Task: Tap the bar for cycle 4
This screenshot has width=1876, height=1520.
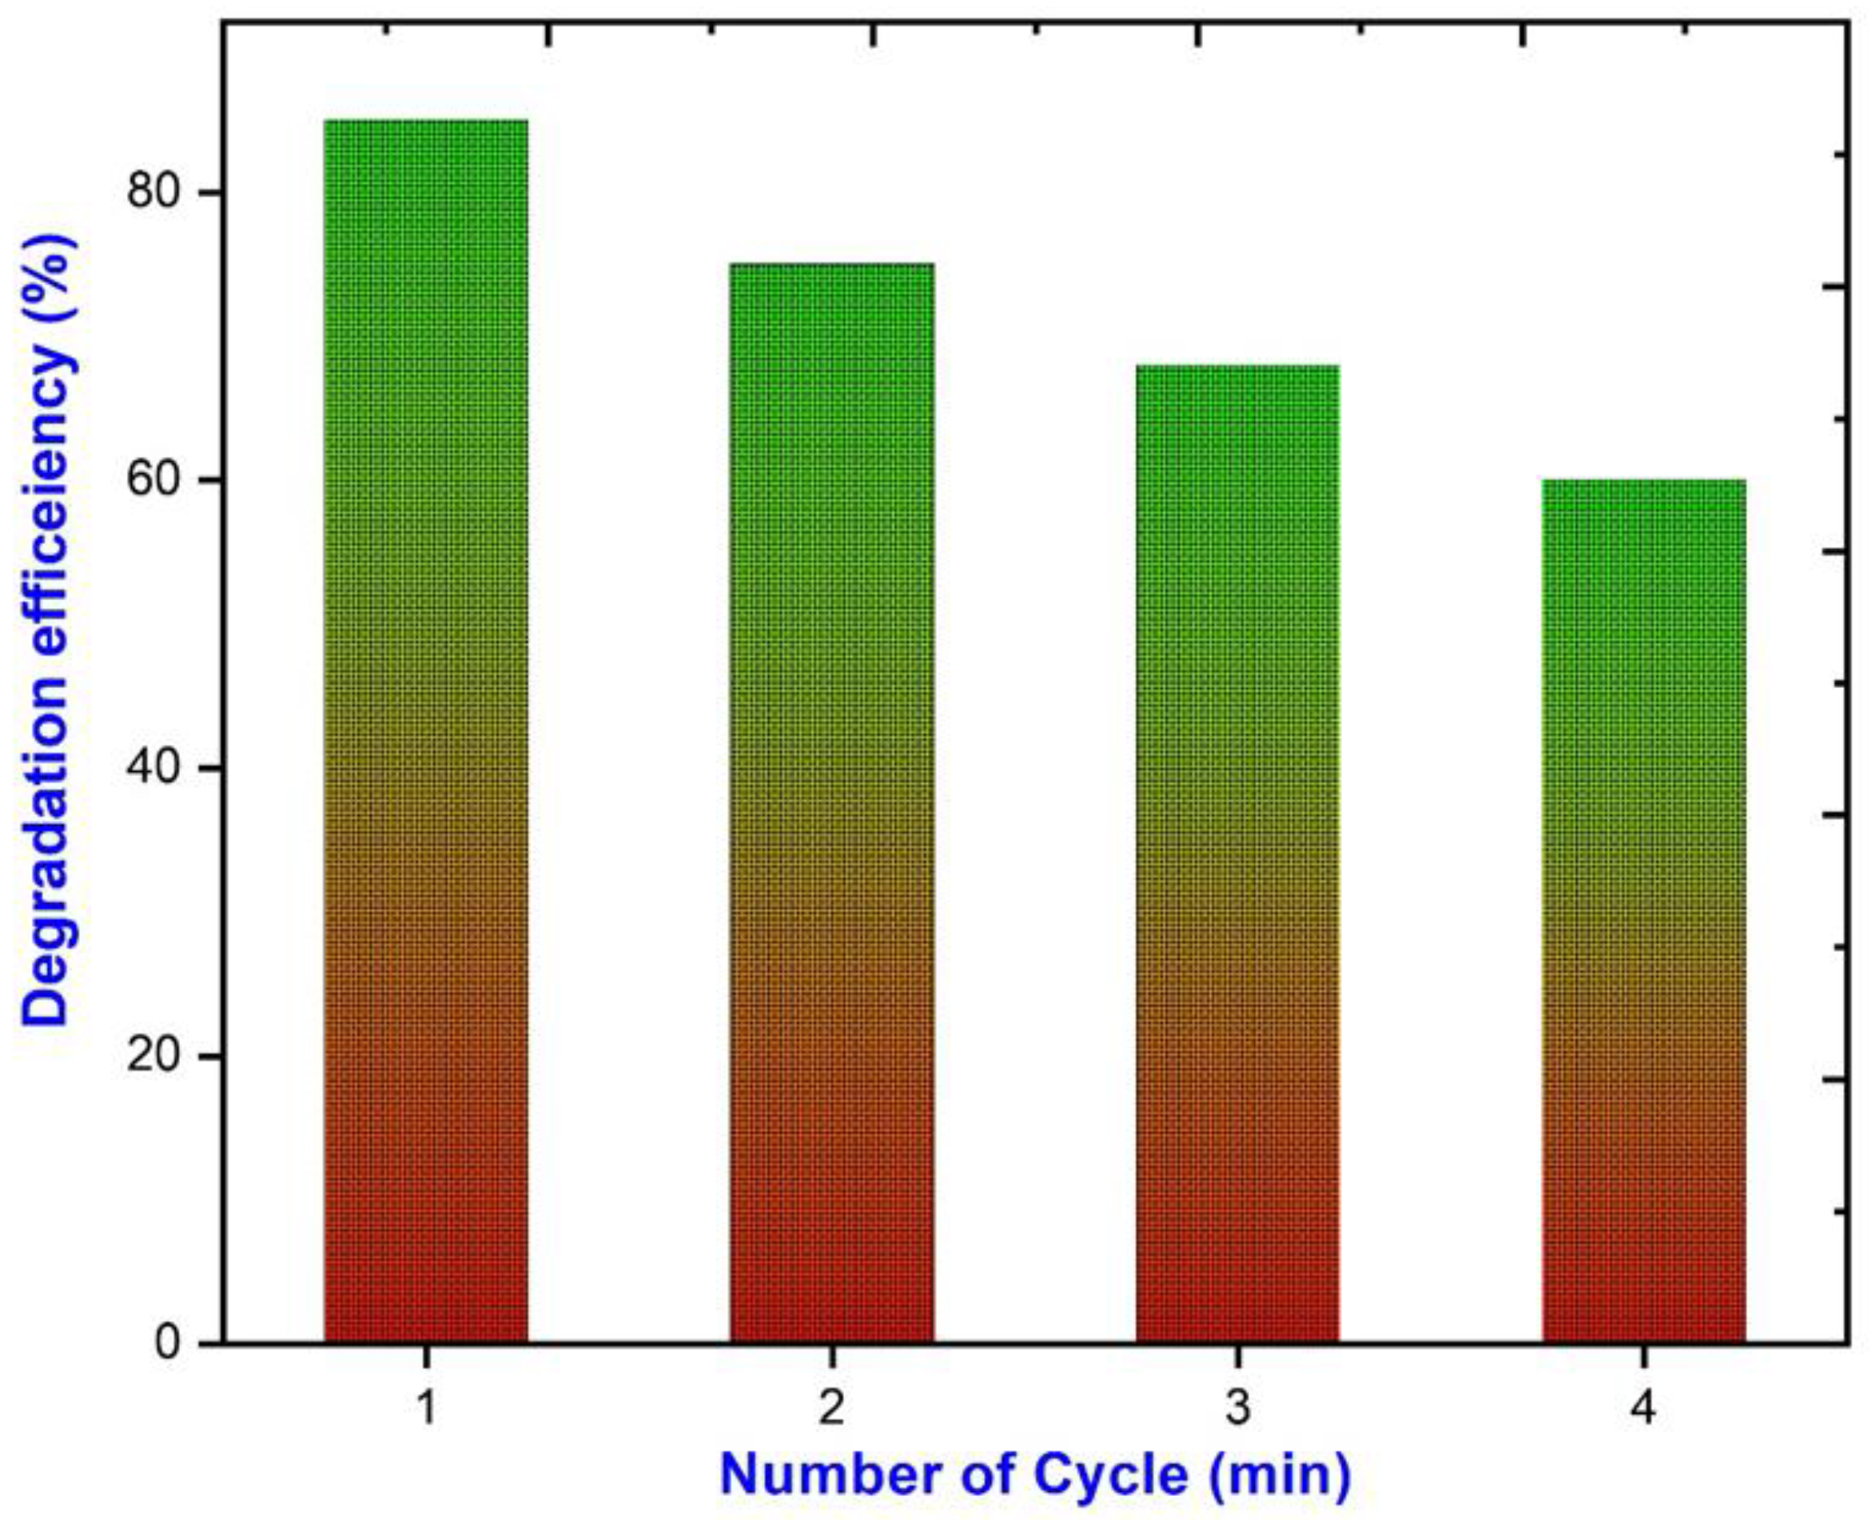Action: (1643, 910)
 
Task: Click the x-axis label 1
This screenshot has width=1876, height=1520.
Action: (426, 1411)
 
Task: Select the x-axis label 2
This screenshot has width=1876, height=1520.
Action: (831, 1411)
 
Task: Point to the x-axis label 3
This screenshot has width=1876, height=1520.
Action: (1237, 1411)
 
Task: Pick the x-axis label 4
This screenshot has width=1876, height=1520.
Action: (1643, 1411)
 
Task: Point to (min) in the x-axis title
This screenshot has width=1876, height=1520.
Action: (1279, 1476)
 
